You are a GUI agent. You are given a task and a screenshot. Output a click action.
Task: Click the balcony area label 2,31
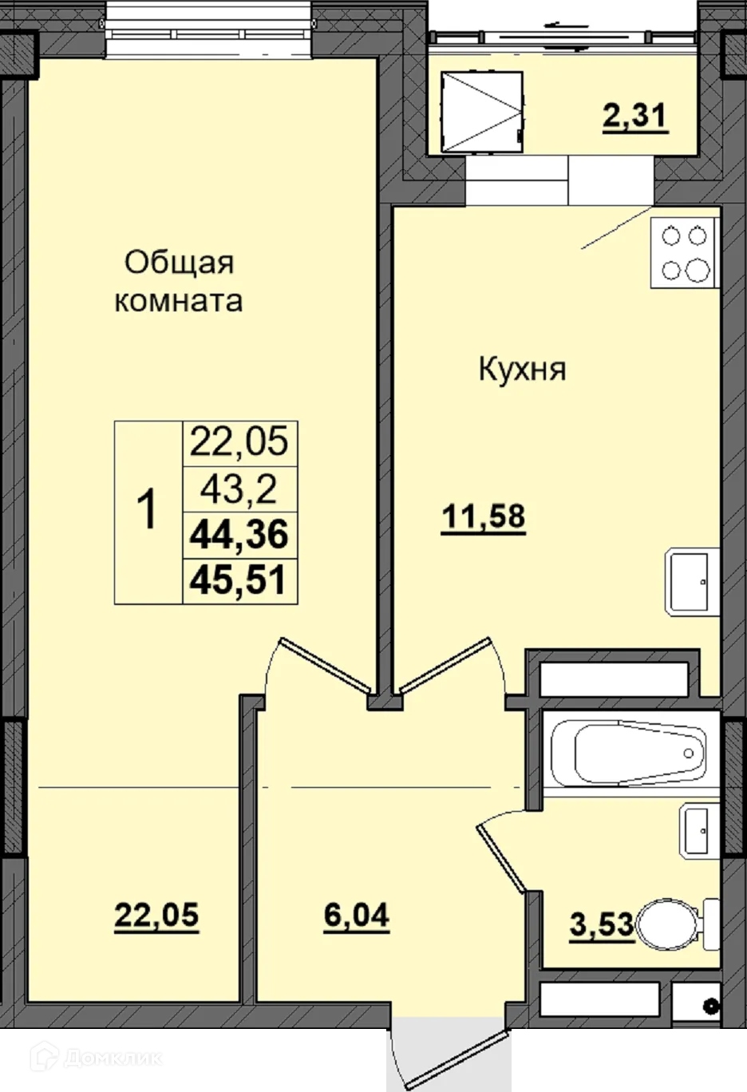point(634,117)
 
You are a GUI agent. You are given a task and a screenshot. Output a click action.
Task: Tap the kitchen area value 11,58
point(484,517)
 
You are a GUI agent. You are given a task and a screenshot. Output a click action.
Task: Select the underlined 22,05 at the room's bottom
point(156,915)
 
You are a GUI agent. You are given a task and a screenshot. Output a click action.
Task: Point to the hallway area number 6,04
point(357,915)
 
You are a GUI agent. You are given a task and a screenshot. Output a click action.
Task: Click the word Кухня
point(522,370)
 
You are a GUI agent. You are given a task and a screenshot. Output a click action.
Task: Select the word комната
point(179,301)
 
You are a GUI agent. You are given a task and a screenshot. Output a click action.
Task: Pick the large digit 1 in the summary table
point(148,511)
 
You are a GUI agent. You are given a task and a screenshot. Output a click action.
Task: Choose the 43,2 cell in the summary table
point(239,488)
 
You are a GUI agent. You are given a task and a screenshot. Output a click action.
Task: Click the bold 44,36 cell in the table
point(239,534)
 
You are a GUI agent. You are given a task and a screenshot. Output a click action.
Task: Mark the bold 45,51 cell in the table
point(239,580)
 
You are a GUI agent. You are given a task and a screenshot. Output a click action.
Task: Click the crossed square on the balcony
point(483,112)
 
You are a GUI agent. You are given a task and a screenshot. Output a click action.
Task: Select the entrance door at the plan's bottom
point(447,1054)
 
